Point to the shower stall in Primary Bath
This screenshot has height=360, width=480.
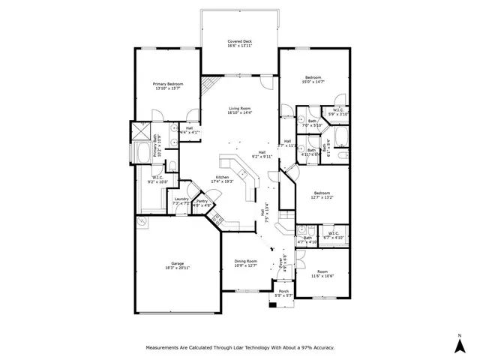[141, 132]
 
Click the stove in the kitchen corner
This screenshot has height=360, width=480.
[217, 220]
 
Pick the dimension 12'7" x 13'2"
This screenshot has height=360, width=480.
[322, 197]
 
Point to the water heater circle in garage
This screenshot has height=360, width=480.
[141, 222]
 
